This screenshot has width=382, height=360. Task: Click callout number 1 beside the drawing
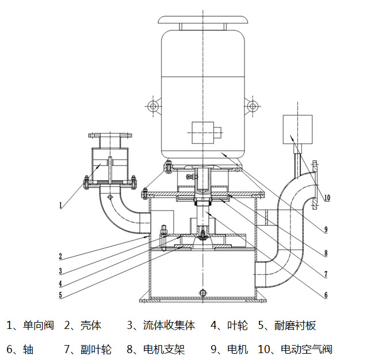[60, 204]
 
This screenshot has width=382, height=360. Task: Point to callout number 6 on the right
[326, 296]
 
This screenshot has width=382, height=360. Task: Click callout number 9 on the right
[326, 229]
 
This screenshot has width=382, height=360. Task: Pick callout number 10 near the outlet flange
[326, 198]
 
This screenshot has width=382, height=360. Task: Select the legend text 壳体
[90, 325]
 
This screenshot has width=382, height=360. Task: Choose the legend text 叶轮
[237, 325]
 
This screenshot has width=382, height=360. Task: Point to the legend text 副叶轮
[96, 349]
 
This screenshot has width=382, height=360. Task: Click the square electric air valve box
[297, 129]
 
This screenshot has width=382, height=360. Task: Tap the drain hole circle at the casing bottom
[202, 293]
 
